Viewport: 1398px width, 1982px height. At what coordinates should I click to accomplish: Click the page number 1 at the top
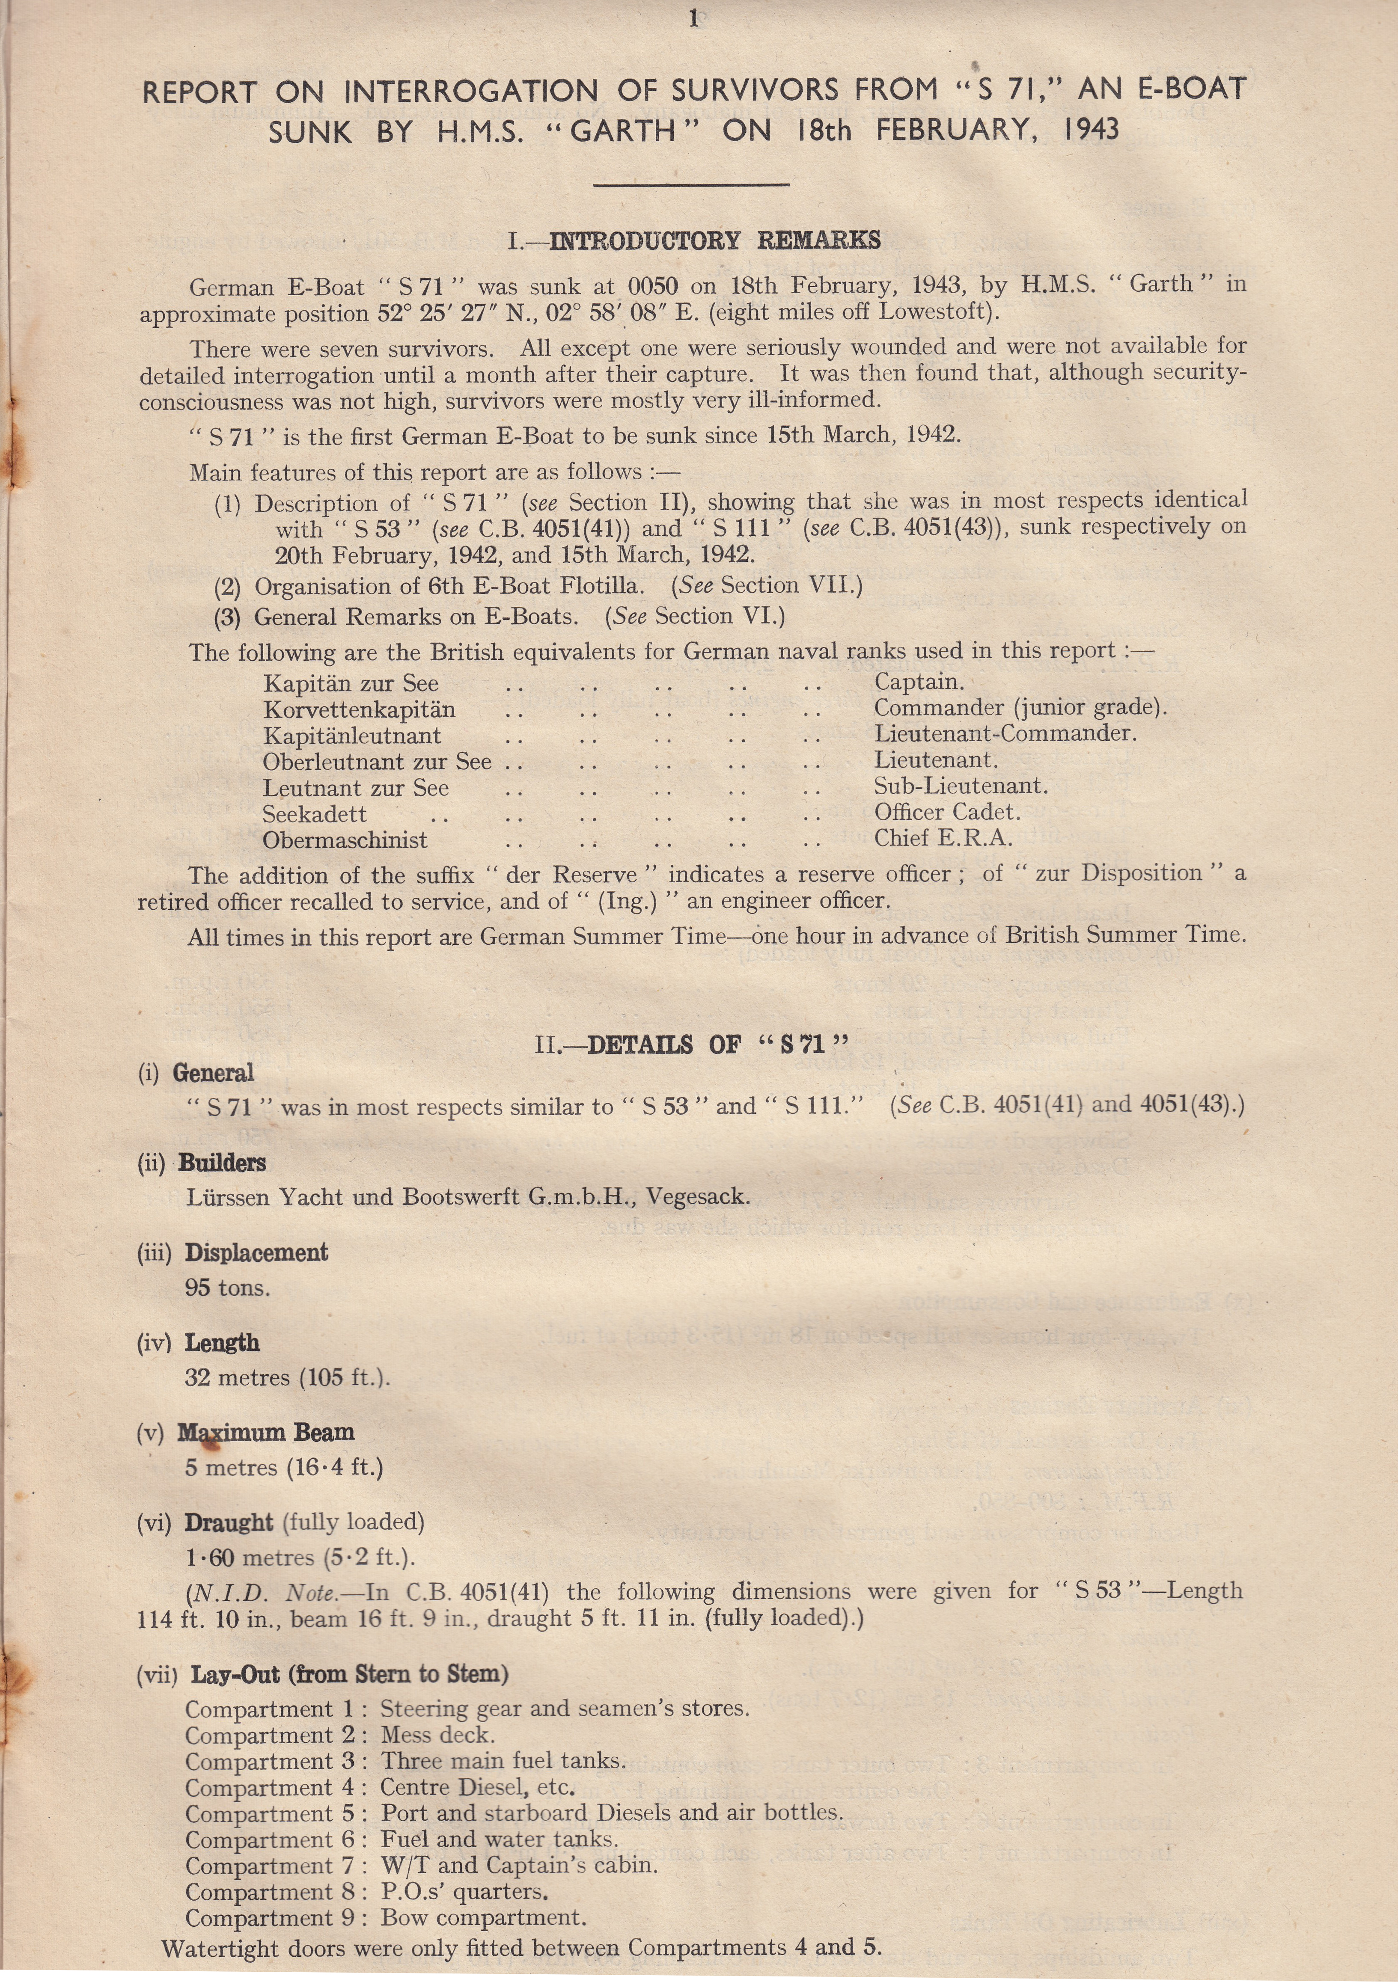pos(693,18)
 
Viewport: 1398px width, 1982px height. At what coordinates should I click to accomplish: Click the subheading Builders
pos(222,1163)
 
